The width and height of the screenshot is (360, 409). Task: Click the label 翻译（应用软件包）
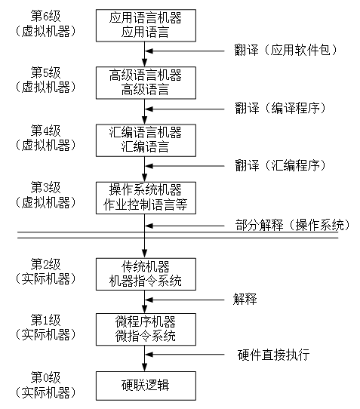pyautogui.click(x=285, y=51)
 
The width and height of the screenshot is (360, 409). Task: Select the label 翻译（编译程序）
pyautogui.click(x=280, y=108)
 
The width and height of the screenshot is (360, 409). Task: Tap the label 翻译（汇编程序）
pyautogui.click(x=280, y=165)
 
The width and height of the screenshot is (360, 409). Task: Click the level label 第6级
pyautogui.click(x=45, y=14)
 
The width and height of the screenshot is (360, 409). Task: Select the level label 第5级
pyautogui.click(x=45, y=72)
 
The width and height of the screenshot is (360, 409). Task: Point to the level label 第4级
pyautogui.click(x=45, y=130)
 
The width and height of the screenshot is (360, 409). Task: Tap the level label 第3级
pyautogui.click(x=45, y=186)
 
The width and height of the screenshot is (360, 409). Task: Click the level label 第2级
pyautogui.click(x=45, y=264)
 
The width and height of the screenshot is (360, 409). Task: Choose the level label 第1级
pyautogui.click(x=45, y=320)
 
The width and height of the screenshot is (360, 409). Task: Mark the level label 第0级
pyautogui.click(x=45, y=376)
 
